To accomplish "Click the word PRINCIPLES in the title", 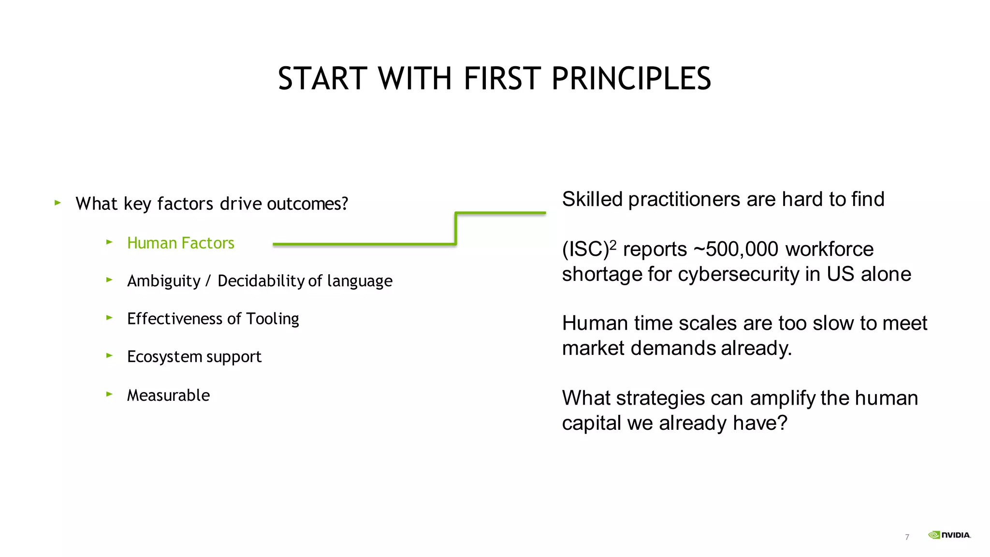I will point(631,78).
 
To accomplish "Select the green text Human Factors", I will point(180,243).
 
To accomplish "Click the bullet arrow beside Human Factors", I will point(109,242).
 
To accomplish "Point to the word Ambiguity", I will point(163,281).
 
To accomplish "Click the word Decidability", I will point(261,281).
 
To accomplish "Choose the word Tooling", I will point(273,319).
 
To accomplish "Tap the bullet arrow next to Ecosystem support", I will point(109,355).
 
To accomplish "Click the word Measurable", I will point(168,395).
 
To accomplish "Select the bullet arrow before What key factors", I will point(58,203).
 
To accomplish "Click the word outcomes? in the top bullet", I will point(307,204).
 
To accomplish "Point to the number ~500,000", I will point(736,249).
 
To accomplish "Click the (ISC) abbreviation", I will point(585,249).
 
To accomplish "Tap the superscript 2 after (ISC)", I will point(613,245).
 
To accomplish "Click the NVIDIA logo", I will point(949,535).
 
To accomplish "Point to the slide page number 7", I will point(907,537).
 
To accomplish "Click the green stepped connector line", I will point(455,228).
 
